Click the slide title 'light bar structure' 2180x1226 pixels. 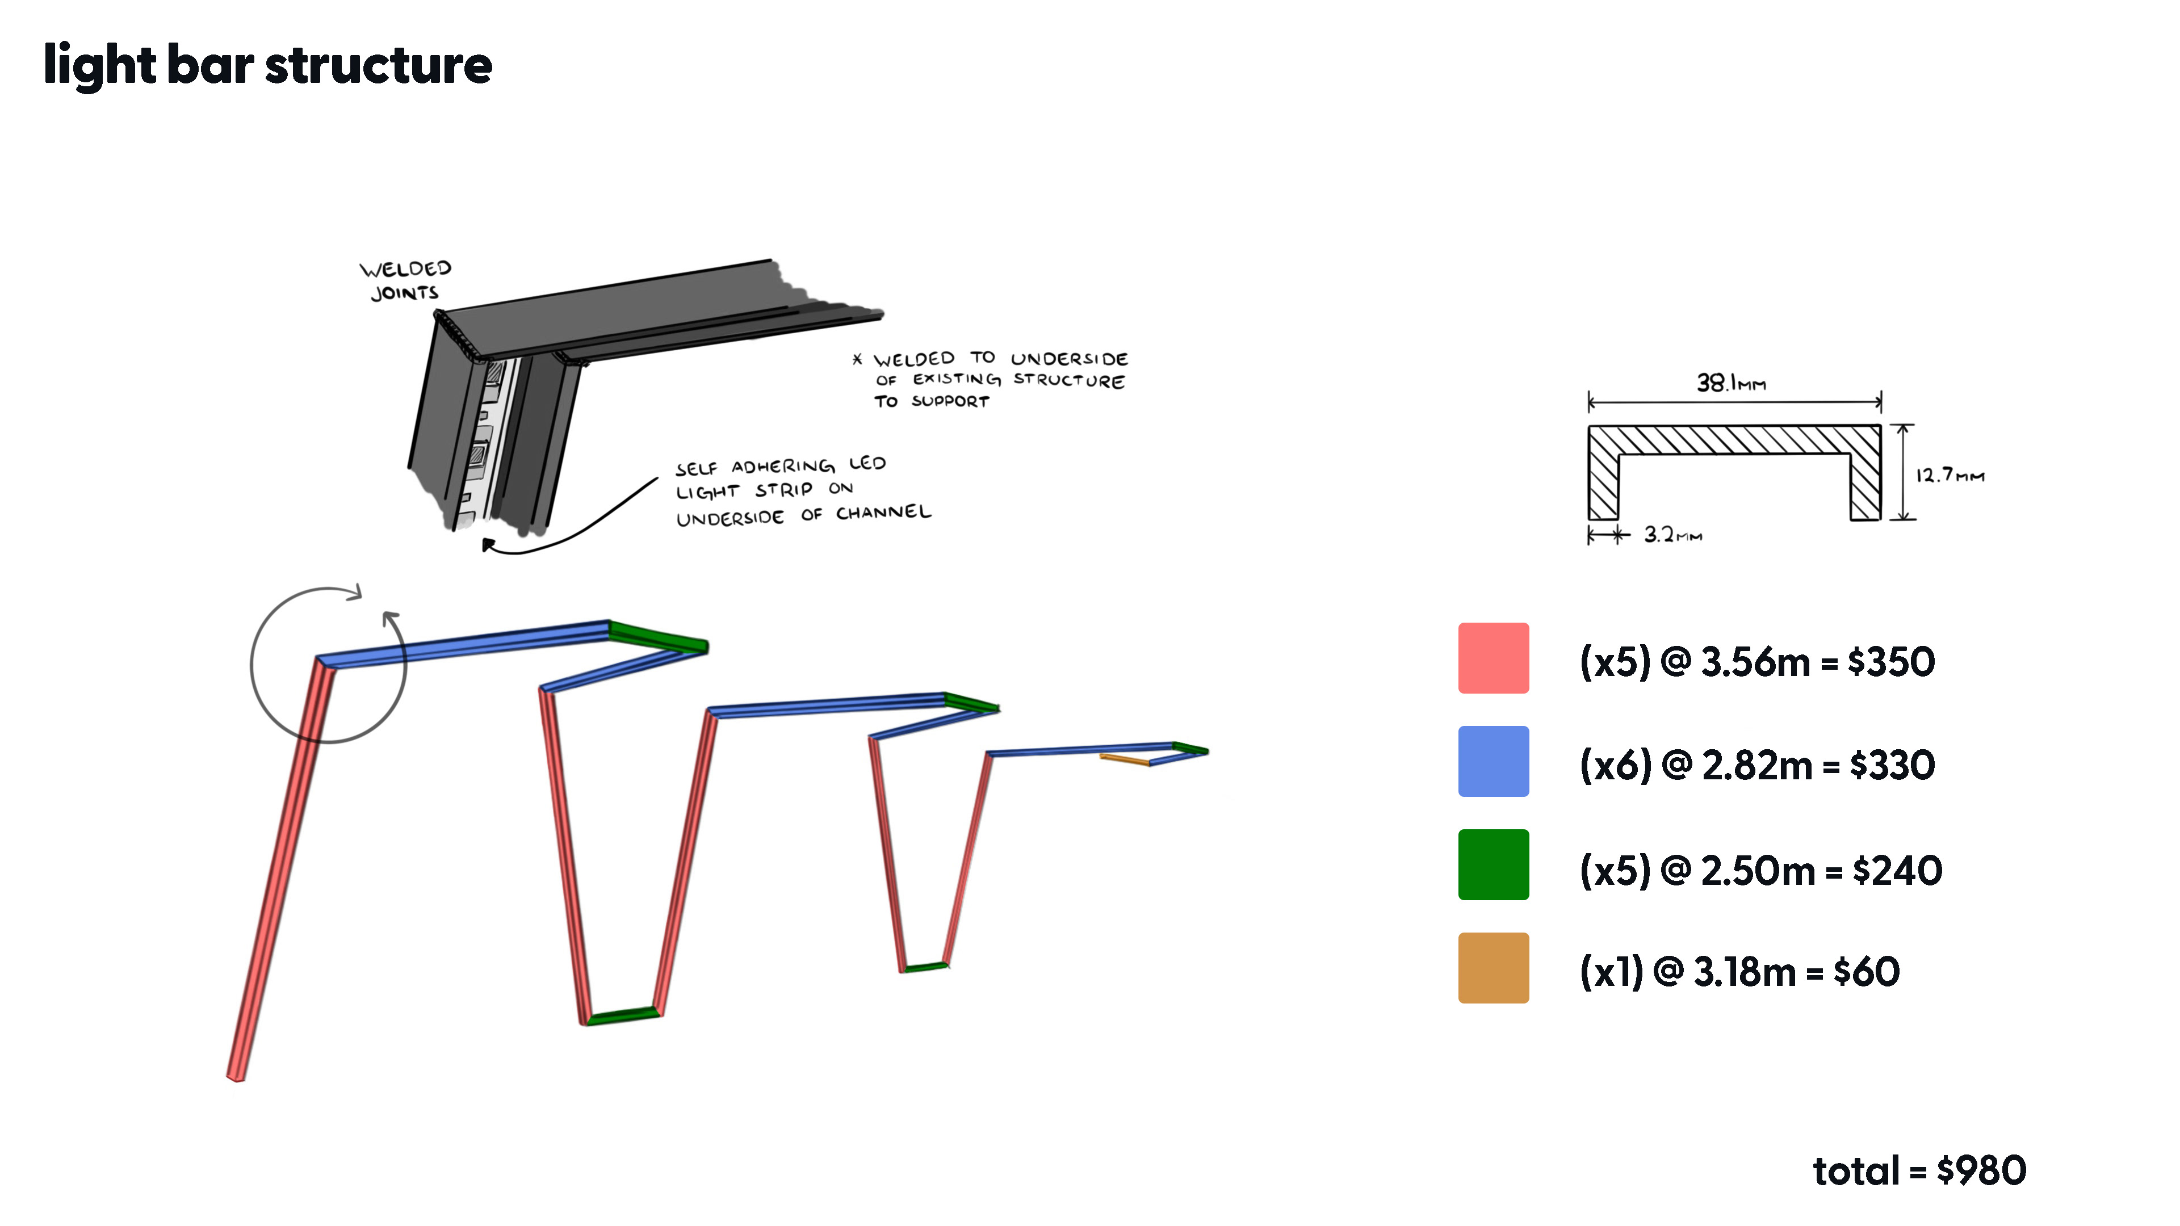pos(267,66)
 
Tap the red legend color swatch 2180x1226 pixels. pos(1493,658)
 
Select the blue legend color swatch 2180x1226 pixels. pos(1493,762)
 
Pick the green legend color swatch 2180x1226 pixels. pos(1493,864)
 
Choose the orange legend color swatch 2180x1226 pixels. pos(1493,968)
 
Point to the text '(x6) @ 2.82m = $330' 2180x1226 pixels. pos(1757,765)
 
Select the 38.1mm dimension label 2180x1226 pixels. pos(1730,383)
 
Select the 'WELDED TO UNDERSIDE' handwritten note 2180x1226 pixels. pos(999,380)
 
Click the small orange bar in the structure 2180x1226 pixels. pos(1125,759)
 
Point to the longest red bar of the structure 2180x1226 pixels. pos(279,871)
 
